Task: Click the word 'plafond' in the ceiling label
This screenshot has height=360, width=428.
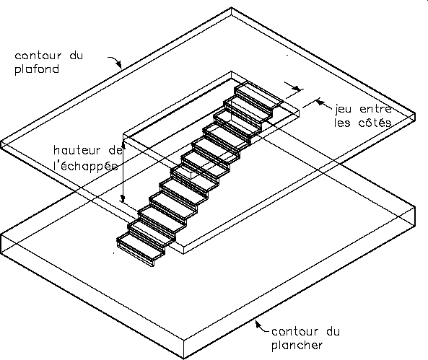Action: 37,69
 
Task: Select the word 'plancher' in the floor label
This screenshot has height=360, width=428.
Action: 297,346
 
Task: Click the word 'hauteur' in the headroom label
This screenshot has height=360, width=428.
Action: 77,150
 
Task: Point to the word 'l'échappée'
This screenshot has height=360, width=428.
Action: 86,165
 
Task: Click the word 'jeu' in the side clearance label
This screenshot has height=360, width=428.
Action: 343,110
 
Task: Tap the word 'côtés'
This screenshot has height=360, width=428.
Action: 375,123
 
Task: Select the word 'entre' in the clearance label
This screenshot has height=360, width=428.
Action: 376,109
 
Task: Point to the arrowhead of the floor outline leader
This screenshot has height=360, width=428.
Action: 257,323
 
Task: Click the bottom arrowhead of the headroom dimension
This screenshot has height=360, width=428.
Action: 123,198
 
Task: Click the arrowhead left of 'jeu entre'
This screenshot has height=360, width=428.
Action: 320,102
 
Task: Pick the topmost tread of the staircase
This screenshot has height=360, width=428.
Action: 259,95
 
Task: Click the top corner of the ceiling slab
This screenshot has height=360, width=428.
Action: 231,8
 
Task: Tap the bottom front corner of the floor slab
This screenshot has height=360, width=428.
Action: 184,359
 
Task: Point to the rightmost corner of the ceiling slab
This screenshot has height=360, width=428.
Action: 415,113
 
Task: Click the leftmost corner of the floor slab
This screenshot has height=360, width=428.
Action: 1,235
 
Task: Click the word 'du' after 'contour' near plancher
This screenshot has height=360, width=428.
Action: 333,332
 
